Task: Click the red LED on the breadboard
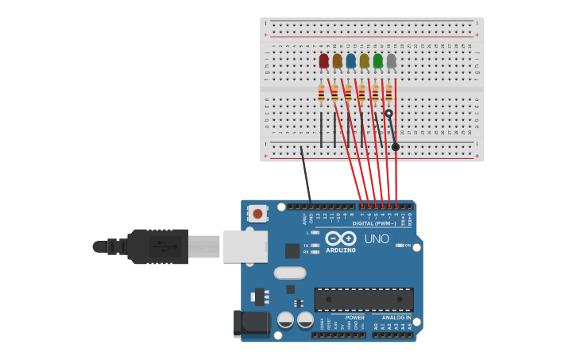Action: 323,60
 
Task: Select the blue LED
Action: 350,60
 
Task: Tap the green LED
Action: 377,60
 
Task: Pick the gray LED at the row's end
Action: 391,60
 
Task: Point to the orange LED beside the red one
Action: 337,60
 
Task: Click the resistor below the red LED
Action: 321,93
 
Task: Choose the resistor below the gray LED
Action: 389,93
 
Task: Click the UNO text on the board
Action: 377,238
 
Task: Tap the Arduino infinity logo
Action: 341,238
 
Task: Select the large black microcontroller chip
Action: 364,300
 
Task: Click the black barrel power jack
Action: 249,324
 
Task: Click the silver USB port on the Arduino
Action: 245,246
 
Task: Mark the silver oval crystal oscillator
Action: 290,273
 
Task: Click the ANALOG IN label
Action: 397,317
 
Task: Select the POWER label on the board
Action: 354,317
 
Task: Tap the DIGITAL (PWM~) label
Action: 375,223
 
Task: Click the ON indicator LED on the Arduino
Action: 400,246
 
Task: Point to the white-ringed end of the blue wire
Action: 389,114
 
